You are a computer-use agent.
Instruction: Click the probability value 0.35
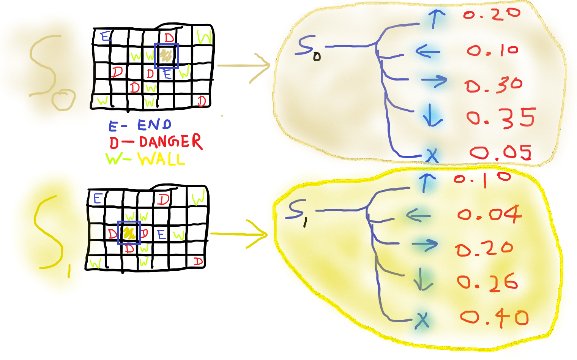[500, 117]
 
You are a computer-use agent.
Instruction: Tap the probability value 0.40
[494, 317]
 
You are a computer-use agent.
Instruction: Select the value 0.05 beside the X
[500, 153]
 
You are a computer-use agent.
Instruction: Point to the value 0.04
[490, 215]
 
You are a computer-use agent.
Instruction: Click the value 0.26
[487, 282]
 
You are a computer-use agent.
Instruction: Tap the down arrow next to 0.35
[432, 116]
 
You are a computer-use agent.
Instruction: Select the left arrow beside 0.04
[418, 216]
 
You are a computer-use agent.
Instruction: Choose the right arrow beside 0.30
[434, 81]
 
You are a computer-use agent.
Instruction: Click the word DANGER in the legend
[170, 142]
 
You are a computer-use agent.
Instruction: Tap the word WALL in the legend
[161, 159]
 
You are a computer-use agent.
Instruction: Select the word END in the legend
[154, 125]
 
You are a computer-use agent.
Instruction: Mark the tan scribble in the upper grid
[166, 55]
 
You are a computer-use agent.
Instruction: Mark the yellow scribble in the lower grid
[129, 232]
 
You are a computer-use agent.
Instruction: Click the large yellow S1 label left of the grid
[51, 235]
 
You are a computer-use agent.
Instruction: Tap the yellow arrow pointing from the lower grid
[239, 234]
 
